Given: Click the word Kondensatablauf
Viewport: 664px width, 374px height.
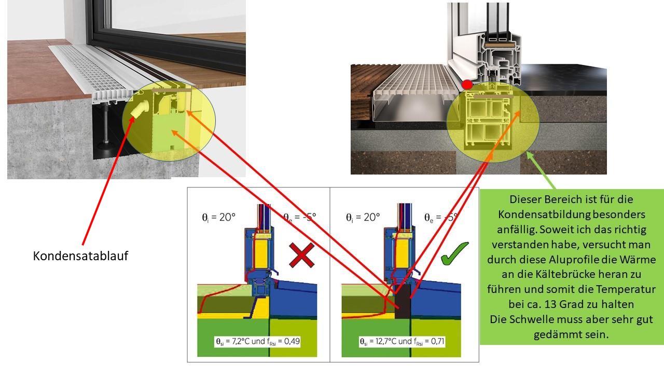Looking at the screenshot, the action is tap(80, 256).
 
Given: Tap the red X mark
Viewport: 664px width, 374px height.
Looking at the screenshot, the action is tap(301, 255).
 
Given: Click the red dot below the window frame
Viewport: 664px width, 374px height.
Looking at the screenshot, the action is tap(467, 85).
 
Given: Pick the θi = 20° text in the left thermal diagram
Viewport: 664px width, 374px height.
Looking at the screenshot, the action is tap(218, 217).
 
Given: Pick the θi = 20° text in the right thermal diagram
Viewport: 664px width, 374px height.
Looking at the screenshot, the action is tap(363, 217).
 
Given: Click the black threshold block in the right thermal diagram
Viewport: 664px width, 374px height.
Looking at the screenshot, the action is tap(403, 302).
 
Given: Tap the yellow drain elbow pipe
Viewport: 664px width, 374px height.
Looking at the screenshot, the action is tap(140, 109).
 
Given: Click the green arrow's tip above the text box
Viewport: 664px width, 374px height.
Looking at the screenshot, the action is tap(528, 152).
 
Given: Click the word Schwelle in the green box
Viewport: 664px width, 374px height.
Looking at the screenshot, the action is tap(528, 319).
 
